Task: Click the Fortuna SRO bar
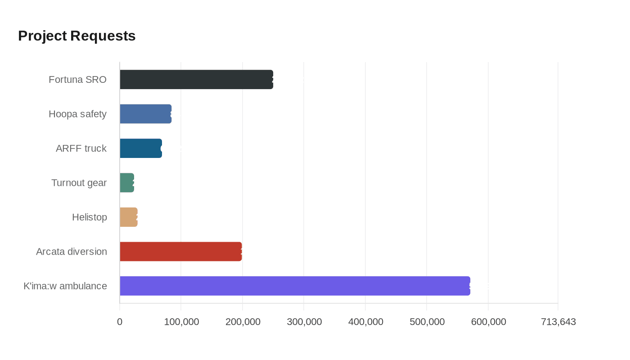(196, 79)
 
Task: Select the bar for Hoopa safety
(145, 114)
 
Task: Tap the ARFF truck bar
(140, 148)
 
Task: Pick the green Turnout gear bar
(127, 183)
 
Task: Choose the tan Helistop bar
(128, 217)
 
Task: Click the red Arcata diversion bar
(180, 252)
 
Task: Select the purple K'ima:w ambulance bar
(295, 286)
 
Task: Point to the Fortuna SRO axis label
(77, 80)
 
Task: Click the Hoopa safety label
(77, 114)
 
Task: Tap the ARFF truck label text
(81, 148)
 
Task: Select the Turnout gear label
(79, 183)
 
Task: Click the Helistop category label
(90, 217)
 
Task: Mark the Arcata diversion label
(72, 252)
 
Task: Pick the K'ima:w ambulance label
(65, 286)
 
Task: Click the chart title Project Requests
(77, 36)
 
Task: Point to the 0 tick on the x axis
(120, 322)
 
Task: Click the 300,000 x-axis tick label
(304, 322)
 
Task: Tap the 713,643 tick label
(558, 322)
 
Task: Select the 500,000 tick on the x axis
(427, 322)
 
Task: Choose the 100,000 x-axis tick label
(181, 322)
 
